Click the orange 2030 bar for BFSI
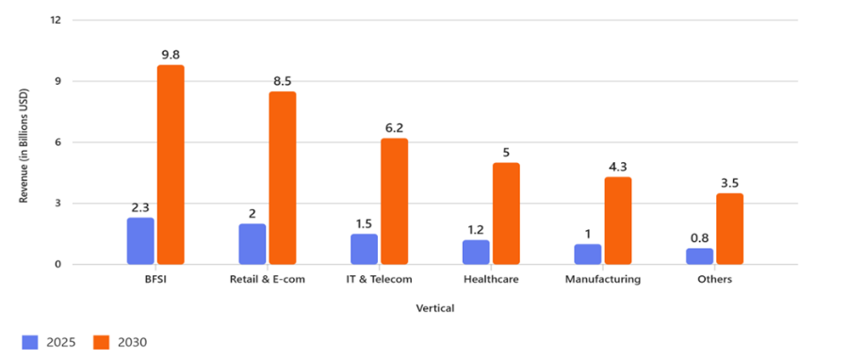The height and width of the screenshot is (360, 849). tap(171, 165)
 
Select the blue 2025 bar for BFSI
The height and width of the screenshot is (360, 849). tap(140, 241)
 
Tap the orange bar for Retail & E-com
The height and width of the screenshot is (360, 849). tap(283, 178)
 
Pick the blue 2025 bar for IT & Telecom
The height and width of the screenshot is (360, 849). tap(364, 249)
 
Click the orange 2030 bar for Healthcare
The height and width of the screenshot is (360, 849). tap(506, 214)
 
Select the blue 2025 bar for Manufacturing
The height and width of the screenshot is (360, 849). tap(588, 254)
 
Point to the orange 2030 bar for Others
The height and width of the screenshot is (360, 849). tap(729, 229)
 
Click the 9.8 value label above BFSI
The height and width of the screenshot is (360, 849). tap(171, 55)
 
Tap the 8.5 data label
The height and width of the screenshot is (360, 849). tap(283, 81)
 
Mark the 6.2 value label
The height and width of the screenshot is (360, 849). tap(395, 128)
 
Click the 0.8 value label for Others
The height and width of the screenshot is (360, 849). tap(699, 237)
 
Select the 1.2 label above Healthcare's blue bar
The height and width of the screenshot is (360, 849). tap(476, 229)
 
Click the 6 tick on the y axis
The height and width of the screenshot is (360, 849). tap(59, 142)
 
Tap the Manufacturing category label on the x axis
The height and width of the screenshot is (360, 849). tap(603, 280)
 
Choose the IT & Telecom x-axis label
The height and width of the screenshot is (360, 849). tap(379, 280)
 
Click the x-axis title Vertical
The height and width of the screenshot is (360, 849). tap(434, 307)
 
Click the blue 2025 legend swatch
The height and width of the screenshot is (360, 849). tap(29, 342)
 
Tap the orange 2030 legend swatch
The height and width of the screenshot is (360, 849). tap(103, 342)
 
